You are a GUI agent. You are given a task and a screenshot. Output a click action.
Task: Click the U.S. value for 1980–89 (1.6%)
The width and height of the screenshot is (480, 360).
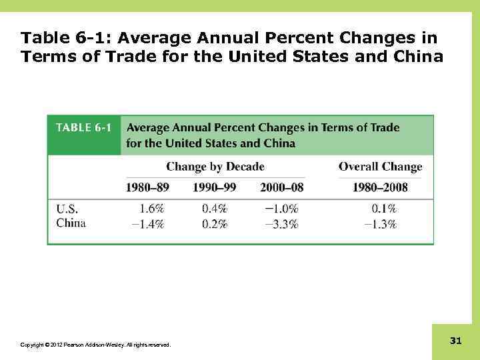(x=151, y=209)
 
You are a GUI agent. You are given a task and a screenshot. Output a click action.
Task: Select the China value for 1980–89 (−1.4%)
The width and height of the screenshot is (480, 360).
(x=147, y=224)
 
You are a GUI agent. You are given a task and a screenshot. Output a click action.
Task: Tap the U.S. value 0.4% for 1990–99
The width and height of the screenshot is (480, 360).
(x=215, y=209)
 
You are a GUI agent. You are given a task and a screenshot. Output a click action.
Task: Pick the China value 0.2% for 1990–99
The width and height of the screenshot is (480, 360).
(x=215, y=224)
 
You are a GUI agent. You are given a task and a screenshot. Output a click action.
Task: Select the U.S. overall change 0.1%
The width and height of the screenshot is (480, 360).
(x=383, y=209)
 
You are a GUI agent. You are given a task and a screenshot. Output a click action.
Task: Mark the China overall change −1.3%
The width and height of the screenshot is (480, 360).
(x=380, y=224)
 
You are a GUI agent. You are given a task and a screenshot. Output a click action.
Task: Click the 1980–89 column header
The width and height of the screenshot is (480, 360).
(x=148, y=188)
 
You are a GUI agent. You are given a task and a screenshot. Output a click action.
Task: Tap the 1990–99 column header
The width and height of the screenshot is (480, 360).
(x=215, y=188)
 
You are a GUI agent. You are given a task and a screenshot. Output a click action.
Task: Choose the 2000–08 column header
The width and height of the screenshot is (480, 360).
(x=281, y=188)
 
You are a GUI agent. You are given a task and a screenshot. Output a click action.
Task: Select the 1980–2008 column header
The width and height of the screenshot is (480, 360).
(x=380, y=188)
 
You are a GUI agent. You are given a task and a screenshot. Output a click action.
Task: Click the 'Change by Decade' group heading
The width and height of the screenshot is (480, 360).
(x=215, y=167)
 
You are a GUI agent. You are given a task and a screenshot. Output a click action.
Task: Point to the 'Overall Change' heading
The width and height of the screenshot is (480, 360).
(x=380, y=167)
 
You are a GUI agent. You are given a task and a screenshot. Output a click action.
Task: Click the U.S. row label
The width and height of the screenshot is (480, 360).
(x=66, y=209)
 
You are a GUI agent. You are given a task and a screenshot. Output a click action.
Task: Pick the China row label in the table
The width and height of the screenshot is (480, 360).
(x=71, y=223)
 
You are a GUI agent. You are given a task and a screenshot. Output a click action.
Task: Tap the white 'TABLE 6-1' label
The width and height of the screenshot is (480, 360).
(x=83, y=127)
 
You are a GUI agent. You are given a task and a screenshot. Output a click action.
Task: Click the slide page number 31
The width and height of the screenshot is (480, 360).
(x=455, y=341)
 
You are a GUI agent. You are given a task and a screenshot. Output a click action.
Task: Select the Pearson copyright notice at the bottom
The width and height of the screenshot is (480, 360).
(x=95, y=345)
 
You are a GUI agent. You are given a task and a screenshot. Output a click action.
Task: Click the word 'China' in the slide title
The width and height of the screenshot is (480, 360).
(x=417, y=57)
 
